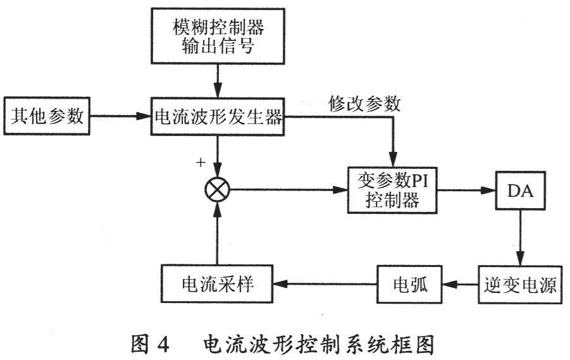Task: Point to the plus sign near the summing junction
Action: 201,163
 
